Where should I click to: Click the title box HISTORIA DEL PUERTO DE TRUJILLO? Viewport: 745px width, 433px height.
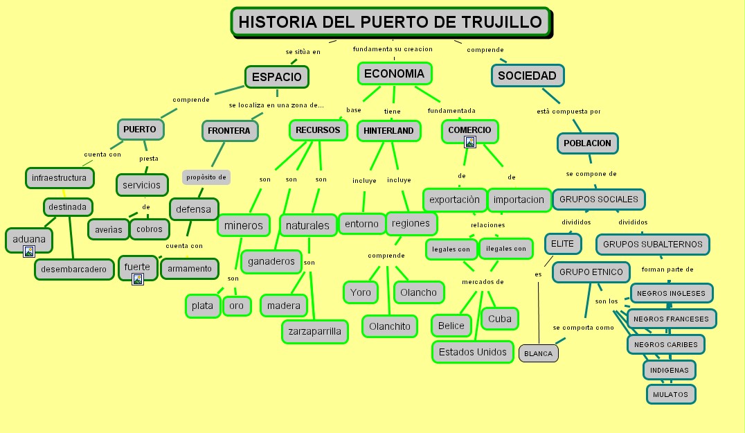390,21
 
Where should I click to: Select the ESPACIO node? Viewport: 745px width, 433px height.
276,77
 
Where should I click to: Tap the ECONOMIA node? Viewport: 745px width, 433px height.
394,73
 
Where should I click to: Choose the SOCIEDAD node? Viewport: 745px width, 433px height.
527,76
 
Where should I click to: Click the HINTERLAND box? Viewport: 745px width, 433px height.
388,130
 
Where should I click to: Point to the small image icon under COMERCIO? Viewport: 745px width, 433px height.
470,142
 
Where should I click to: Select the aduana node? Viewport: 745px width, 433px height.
28,240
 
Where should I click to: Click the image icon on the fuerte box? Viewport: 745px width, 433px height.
138,279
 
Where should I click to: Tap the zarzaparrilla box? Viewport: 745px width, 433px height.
314,331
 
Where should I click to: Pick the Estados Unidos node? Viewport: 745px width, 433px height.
473,352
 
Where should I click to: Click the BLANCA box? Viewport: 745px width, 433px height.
538,353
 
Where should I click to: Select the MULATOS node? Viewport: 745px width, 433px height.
670,394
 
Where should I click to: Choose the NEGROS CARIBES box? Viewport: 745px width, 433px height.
665,344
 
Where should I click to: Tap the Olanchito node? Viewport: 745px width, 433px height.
389,326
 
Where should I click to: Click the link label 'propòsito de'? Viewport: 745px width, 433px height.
206,177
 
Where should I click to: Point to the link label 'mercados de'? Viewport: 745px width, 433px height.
483,281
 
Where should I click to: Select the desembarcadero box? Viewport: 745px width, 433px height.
74,269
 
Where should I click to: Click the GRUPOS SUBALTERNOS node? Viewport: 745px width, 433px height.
652,244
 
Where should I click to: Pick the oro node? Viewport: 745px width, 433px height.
237,306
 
